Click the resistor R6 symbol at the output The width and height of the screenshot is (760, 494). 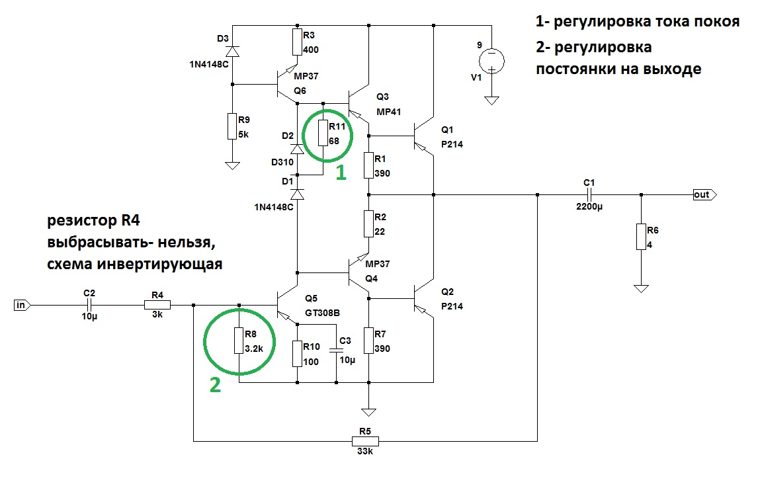640,236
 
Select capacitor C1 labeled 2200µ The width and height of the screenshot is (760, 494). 590,195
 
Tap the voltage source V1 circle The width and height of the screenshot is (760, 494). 491,62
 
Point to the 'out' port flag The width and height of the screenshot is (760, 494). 703,195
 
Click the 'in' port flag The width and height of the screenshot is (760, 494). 21,305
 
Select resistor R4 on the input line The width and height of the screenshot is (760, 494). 157,305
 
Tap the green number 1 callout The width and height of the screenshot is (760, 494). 341,174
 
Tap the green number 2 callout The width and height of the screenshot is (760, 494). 216,386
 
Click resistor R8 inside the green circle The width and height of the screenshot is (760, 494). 239,340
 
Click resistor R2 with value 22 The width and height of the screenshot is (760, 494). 368,223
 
